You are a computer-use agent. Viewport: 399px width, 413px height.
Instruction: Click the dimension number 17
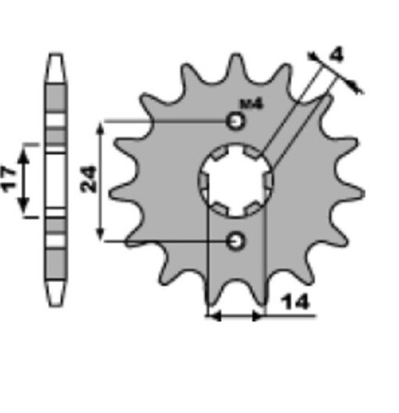(x=9, y=179)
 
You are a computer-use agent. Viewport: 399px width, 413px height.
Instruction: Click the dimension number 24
(x=88, y=179)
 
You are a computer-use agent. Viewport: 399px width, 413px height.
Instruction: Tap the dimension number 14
(x=295, y=301)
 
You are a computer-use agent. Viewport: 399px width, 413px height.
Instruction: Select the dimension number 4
(x=337, y=55)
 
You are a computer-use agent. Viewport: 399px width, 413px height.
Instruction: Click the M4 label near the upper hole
(x=252, y=104)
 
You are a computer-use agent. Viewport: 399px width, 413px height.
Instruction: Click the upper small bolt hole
(x=235, y=121)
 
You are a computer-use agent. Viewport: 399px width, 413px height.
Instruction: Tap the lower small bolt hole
(x=235, y=241)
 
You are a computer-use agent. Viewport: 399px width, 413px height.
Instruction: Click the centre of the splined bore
(x=235, y=180)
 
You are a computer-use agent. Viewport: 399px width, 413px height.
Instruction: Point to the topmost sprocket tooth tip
(x=235, y=55)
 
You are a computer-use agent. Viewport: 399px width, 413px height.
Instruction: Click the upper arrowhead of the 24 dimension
(x=101, y=129)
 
